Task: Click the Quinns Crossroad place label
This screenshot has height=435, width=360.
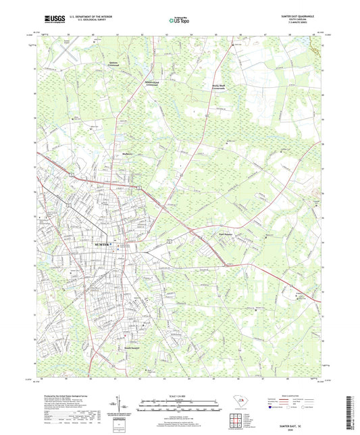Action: [x=99, y=66]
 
